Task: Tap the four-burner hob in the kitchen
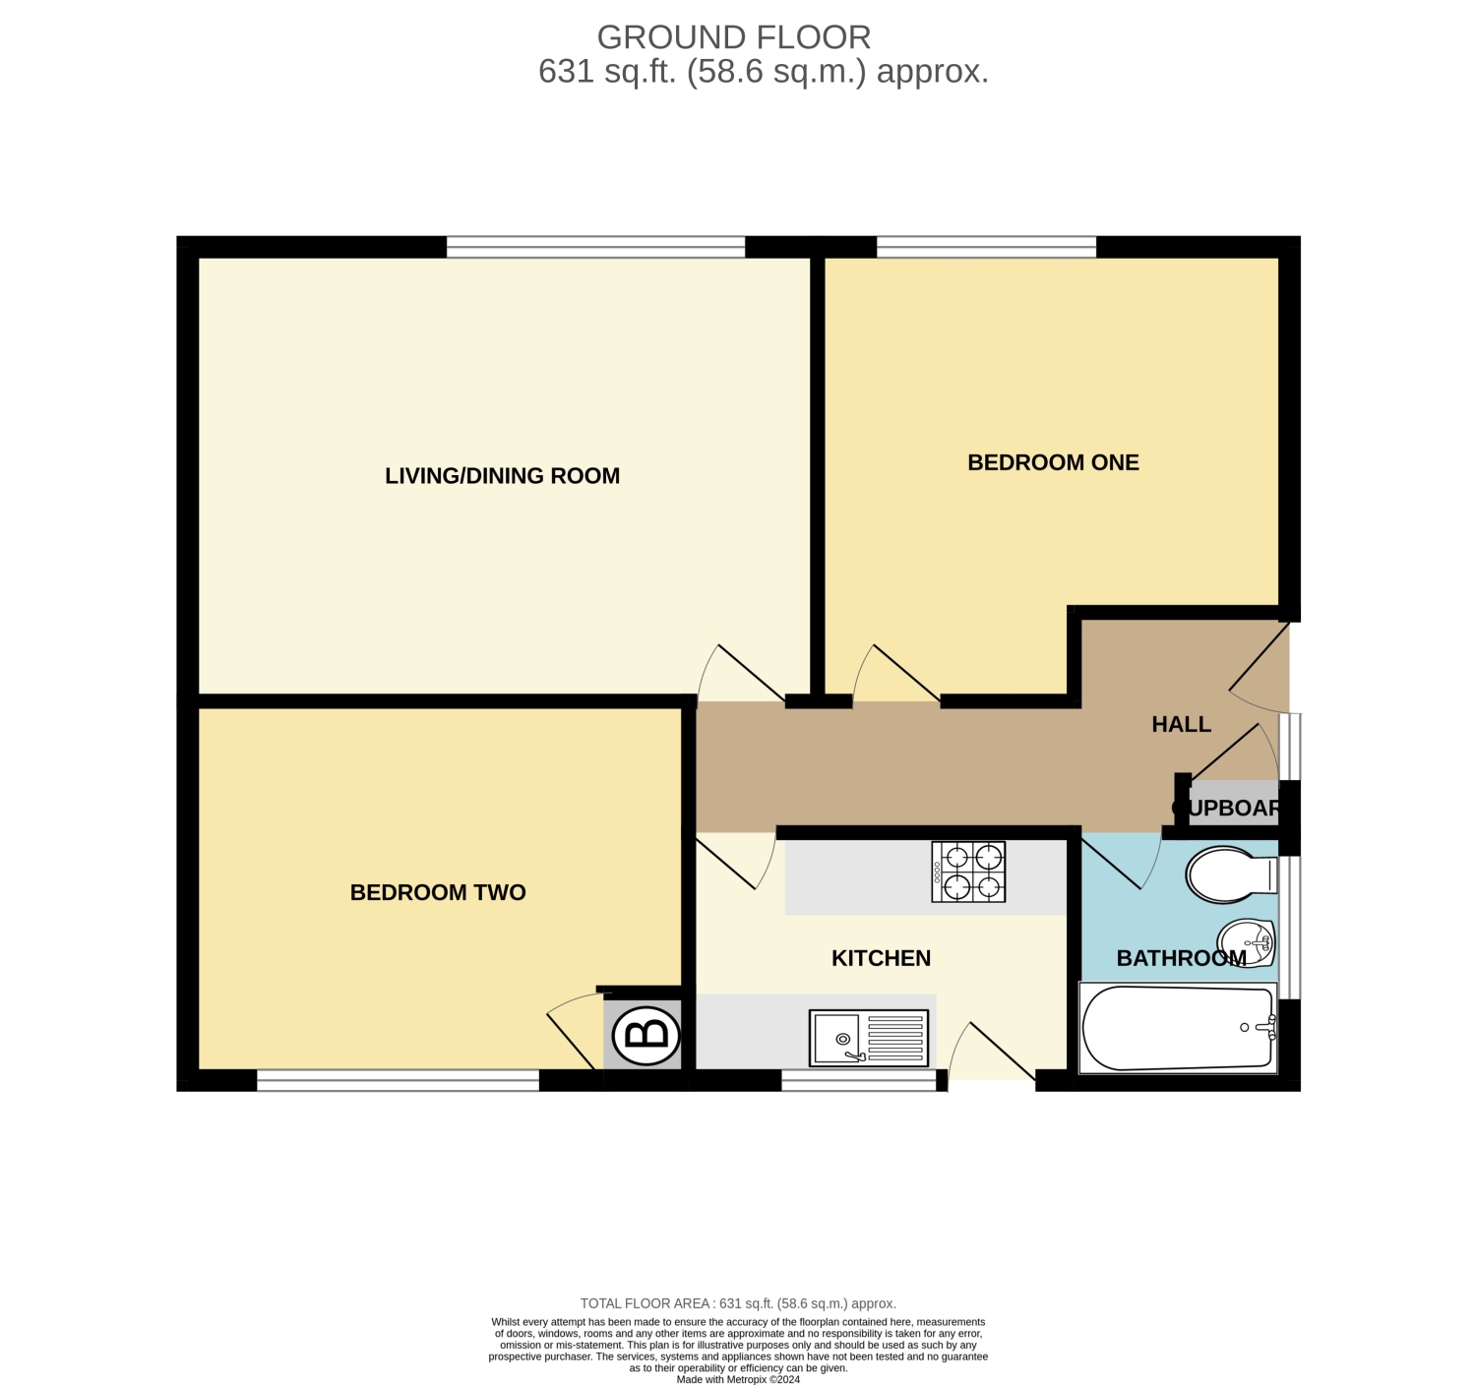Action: tap(968, 872)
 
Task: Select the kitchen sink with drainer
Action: tap(868, 1037)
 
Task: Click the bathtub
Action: tap(1178, 1028)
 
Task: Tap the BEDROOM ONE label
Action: tap(1053, 462)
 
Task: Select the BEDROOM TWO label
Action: tap(438, 891)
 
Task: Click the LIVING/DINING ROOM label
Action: tap(503, 475)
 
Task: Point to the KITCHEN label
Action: tap(881, 958)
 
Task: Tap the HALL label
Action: tap(1182, 724)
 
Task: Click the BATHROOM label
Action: tap(1182, 958)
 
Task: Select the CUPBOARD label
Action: tap(1225, 808)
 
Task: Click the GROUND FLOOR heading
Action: tap(733, 37)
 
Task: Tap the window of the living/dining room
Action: tap(595, 247)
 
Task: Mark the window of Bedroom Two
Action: tap(398, 1080)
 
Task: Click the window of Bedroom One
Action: tap(986, 247)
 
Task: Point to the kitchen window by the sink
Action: tap(858, 1080)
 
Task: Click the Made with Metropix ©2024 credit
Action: tap(738, 1380)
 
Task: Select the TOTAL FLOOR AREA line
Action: tap(738, 1303)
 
